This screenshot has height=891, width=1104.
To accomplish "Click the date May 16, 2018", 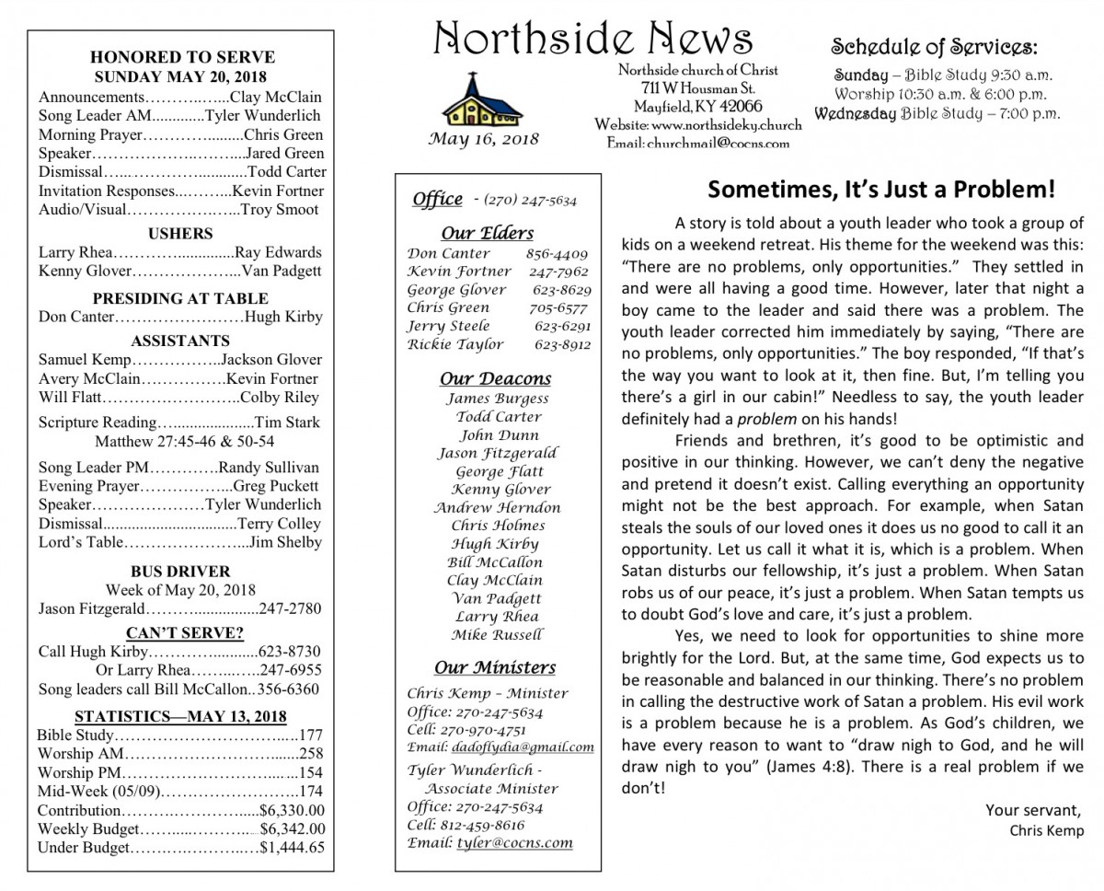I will pos(484,140).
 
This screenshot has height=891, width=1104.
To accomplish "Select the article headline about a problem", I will pos(880,190).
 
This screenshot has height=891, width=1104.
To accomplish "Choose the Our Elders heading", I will pos(487,233).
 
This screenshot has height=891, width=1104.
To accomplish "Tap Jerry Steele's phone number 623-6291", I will pos(562,326).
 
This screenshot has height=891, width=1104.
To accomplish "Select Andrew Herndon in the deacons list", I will pos(497,507).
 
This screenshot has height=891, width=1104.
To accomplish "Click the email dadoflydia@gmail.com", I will pos(523,747).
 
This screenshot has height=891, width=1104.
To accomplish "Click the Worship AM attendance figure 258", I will pos(311,754).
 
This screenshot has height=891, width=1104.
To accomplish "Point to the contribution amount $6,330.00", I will pos(293,811).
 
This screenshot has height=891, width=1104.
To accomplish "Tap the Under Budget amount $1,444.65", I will pos(293,849).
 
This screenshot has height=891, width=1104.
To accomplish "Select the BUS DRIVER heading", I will pos(180,572).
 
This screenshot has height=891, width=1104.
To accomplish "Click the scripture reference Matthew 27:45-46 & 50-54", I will pos(180,441).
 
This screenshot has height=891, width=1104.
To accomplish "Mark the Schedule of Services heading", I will pos(934,48).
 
